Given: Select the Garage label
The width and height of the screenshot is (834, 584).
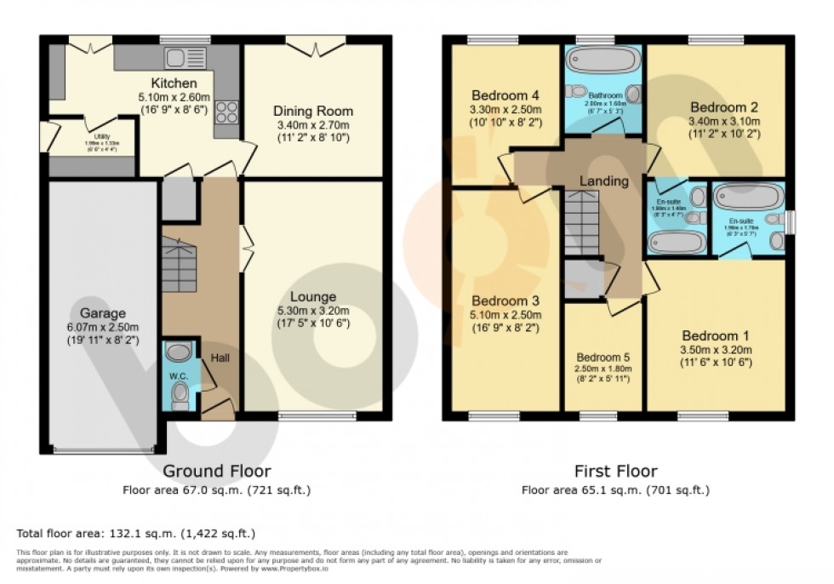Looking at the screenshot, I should click(103, 313).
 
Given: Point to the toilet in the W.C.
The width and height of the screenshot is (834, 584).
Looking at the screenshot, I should click(180, 395).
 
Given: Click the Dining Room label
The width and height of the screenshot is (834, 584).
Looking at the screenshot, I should click(312, 112).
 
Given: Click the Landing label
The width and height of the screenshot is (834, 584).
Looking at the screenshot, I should click(603, 181).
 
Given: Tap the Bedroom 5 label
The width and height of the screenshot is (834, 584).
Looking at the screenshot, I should click(603, 357).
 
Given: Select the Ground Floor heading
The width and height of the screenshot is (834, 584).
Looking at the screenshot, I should click(216, 471).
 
